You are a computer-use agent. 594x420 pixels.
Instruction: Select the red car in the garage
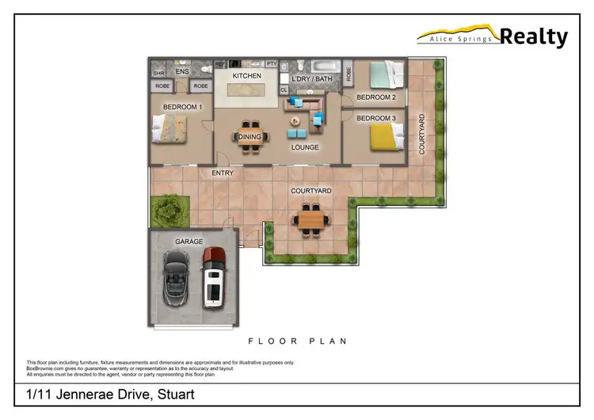213,277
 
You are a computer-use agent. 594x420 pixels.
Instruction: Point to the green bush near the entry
168,209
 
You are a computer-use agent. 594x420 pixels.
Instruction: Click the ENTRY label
222,174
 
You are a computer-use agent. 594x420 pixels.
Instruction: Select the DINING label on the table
249,137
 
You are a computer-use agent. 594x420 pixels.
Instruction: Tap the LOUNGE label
305,147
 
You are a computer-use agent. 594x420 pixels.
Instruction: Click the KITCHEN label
246,75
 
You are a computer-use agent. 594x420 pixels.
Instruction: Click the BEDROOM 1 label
183,107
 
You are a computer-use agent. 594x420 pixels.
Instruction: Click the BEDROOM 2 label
375,97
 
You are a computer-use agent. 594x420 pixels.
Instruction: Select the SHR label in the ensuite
158,74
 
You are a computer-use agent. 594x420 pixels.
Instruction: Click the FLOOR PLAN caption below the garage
297,341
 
